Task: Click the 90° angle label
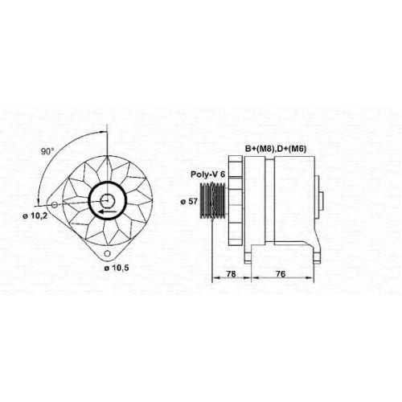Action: click(47, 152)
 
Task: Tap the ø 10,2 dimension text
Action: click(35, 215)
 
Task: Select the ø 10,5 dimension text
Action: click(117, 268)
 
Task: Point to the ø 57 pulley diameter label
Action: click(189, 202)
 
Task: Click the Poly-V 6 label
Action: click(207, 174)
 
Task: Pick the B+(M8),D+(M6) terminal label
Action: click(276, 149)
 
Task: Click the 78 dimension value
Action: click(231, 274)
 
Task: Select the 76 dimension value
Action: click(281, 274)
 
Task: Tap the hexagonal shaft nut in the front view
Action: click(108, 200)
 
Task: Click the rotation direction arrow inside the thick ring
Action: click(108, 212)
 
